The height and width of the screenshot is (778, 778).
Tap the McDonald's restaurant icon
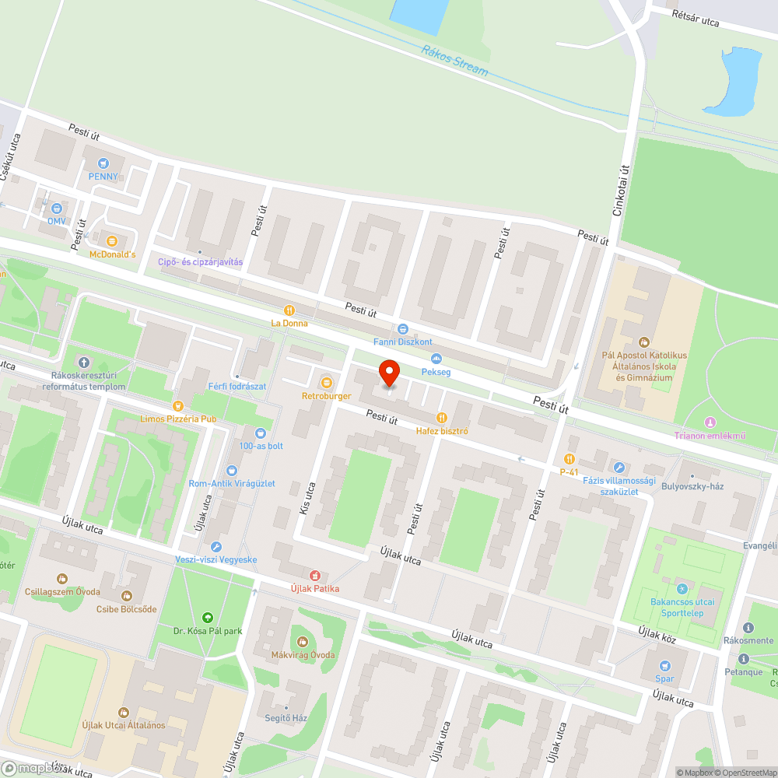pyautogui.click(x=112, y=240)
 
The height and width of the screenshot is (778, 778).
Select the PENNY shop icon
pyautogui.click(x=103, y=163)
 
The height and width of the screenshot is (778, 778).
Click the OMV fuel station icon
pyautogui.click(x=56, y=208)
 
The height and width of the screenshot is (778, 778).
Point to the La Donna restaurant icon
pyautogui.click(x=289, y=310)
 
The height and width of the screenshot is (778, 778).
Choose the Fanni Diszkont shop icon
pyautogui.click(x=402, y=328)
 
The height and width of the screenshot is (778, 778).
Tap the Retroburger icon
pyautogui.click(x=326, y=382)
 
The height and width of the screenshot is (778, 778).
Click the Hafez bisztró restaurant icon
pyautogui.click(x=441, y=417)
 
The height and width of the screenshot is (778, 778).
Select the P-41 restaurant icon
pyautogui.click(x=569, y=459)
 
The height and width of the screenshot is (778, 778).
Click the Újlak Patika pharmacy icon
pyautogui.click(x=314, y=575)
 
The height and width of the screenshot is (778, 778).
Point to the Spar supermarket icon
pyautogui.click(x=664, y=665)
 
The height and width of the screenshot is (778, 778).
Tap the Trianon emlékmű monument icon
pyautogui.click(x=709, y=422)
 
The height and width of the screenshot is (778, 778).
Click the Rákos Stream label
pyautogui.click(x=455, y=61)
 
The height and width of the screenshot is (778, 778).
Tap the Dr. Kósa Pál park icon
pyautogui.click(x=207, y=617)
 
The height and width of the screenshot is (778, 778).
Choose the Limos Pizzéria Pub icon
pyautogui.click(x=178, y=405)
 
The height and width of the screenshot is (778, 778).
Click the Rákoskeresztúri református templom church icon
pyautogui.click(x=84, y=362)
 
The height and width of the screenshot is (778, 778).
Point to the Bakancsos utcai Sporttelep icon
pyautogui.click(x=682, y=589)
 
